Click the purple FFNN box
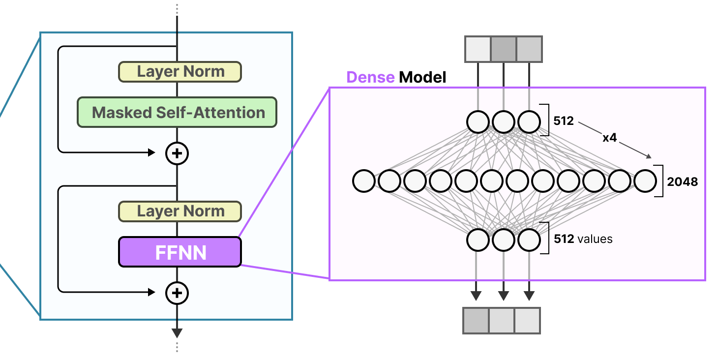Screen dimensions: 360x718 179,252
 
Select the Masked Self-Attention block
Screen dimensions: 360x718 177,113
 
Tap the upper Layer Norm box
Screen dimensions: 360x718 179,72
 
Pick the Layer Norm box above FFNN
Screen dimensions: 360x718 179,211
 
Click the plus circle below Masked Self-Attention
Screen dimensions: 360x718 177,153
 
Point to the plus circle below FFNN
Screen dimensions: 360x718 177,293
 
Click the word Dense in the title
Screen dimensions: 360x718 370,77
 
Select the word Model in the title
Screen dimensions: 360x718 422,77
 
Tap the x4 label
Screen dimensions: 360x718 609,138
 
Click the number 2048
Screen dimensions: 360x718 682,181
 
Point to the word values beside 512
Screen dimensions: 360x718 595,240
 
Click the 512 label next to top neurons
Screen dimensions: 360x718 564,120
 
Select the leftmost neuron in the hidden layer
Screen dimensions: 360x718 364,181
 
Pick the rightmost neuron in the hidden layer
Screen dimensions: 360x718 645,181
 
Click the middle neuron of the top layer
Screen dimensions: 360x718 503,122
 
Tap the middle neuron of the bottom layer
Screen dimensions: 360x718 503,240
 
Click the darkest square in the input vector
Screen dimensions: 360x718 503,49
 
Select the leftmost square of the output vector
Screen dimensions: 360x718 476,321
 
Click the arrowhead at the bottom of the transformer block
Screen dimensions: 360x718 177,333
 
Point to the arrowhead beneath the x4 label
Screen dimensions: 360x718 649,156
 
